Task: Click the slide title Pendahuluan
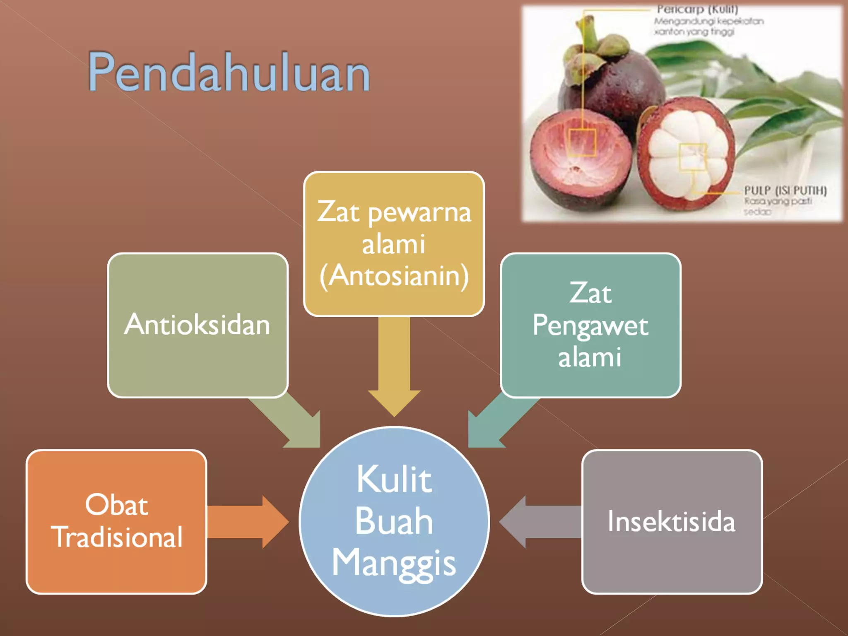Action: coord(229,72)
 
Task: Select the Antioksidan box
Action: coord(198,325)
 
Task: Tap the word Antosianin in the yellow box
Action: coord(394,276)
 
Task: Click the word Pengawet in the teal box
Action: coord(590,326)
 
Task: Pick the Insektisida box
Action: coord(672,522)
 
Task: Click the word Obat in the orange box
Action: coord(116,505)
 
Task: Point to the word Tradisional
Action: coord(117,537)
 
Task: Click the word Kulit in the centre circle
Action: coord(394,479)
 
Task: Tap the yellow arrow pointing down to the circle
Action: coord(394,373)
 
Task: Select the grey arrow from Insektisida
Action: coord(538,522)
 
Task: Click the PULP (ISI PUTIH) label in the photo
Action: coord(785,190)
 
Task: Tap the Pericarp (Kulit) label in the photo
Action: coord(697,9)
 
